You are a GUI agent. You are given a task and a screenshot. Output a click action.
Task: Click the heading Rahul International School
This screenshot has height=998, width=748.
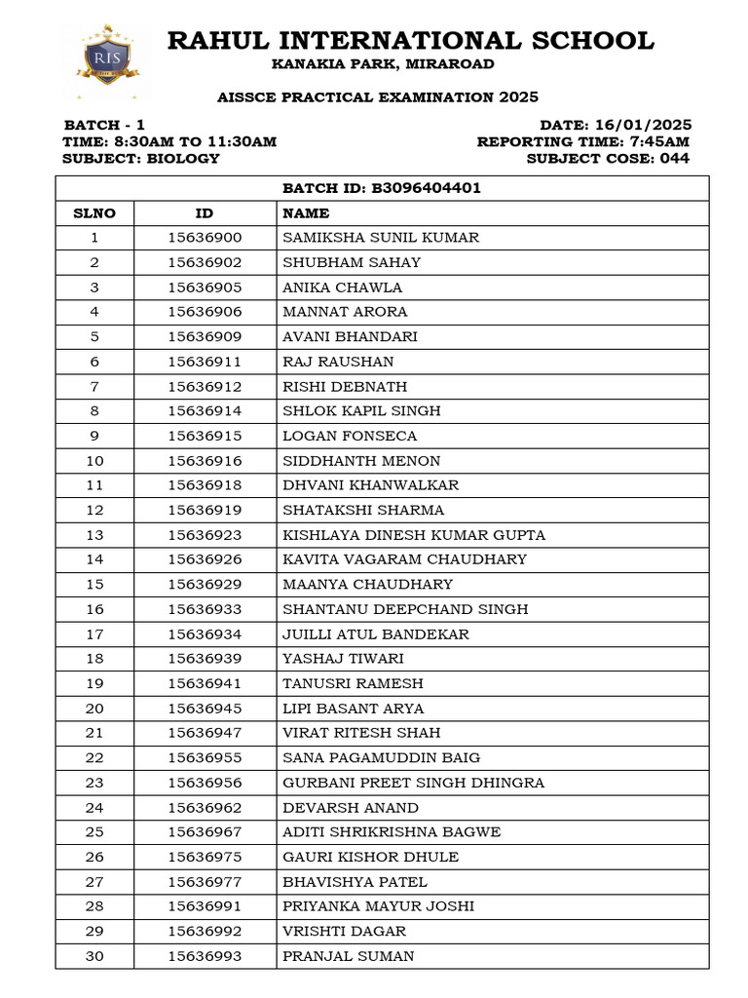[410, 41]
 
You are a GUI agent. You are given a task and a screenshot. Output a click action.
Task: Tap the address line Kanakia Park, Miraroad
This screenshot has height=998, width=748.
[383, 64]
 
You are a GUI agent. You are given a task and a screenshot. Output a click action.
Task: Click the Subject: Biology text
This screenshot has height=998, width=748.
[141, 158]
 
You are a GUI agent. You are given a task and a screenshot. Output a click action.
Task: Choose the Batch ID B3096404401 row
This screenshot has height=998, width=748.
[382, 188]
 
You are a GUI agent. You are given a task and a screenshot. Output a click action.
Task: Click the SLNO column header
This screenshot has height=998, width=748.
[94, 213]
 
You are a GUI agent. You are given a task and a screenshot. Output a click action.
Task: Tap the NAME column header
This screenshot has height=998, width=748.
[306, 213]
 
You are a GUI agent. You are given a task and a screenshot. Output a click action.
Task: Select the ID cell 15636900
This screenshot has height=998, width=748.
[205, 238]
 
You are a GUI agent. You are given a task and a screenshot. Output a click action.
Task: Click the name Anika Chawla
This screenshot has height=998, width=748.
[342, 288]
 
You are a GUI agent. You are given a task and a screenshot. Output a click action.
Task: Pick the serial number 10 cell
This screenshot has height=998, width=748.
[94, 461]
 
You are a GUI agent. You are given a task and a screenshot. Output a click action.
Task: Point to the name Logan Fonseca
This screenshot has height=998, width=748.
[350, 436]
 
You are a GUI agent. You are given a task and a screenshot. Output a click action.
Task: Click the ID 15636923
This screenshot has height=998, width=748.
[205, 535]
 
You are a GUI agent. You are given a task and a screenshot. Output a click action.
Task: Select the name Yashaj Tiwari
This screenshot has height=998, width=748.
[343, 659]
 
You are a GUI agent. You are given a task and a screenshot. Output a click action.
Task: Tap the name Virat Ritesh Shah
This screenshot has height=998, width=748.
[361, 733]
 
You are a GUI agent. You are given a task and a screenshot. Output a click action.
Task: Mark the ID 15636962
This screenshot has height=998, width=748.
[205, 808]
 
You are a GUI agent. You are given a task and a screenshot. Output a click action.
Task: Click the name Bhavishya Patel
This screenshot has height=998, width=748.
[355, 882]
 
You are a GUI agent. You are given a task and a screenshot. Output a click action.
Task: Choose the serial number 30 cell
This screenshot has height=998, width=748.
[94, 956]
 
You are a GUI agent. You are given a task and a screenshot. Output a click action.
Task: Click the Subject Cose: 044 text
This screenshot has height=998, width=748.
[608, 158]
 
